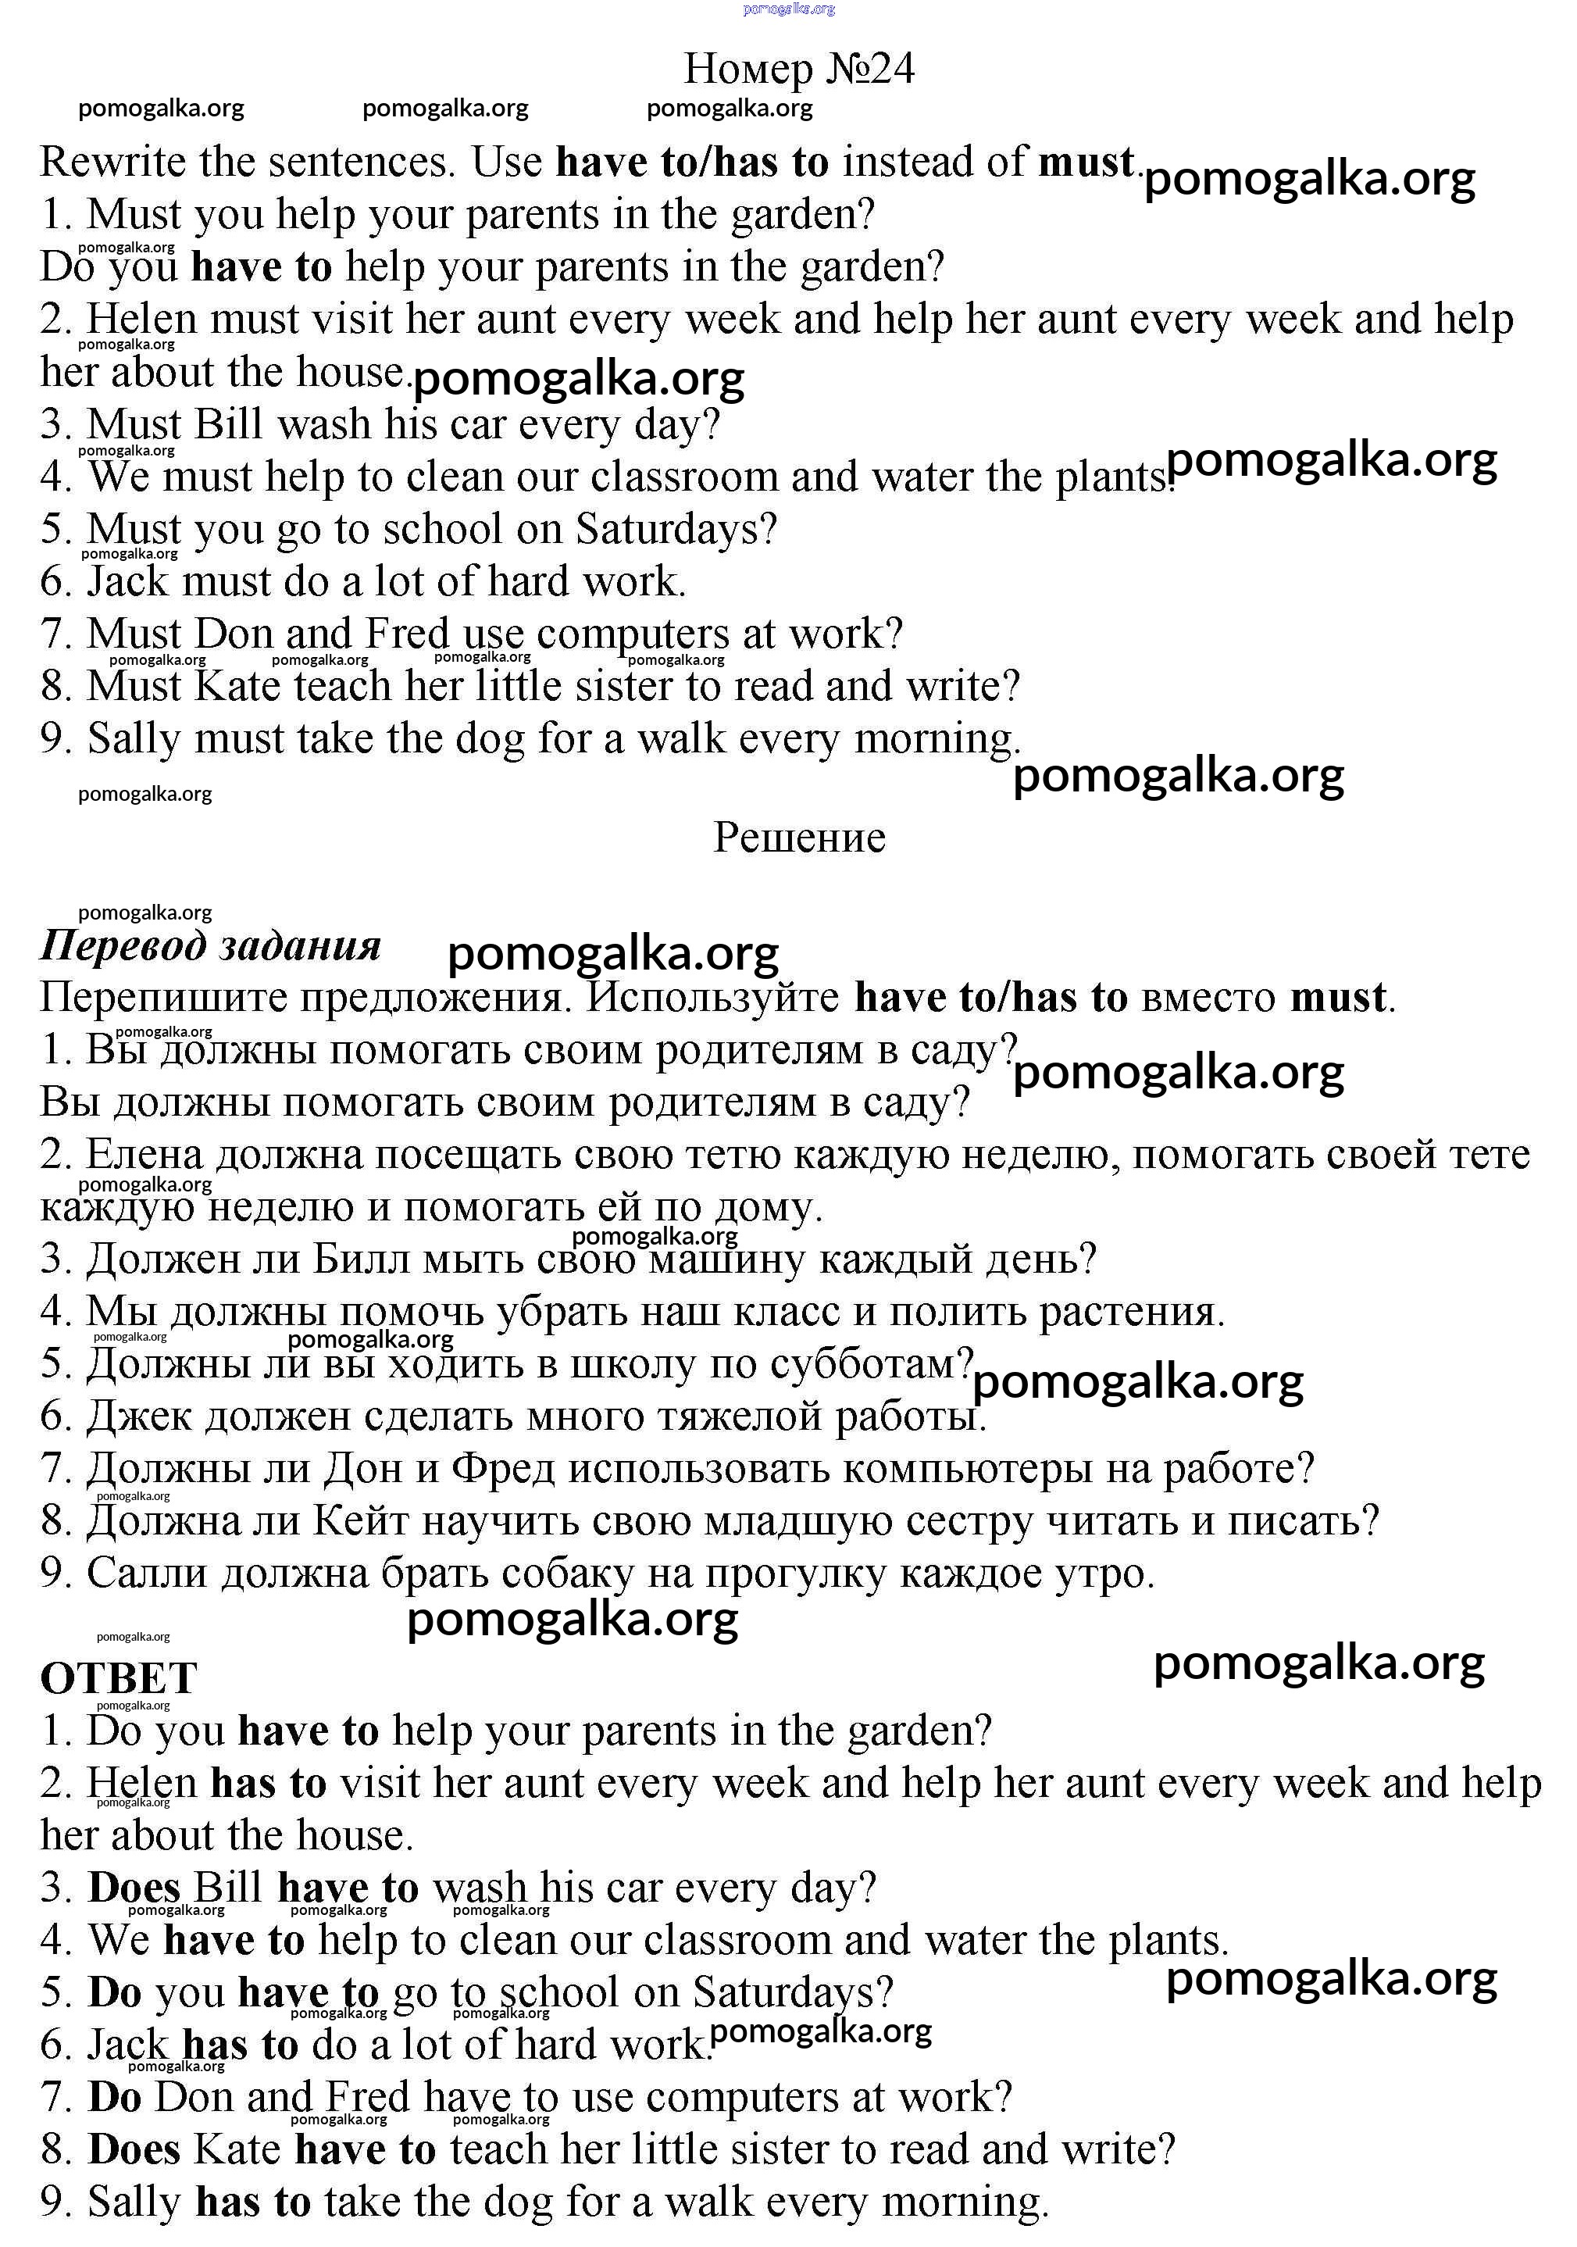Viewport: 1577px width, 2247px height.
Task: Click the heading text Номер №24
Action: coord(798,69)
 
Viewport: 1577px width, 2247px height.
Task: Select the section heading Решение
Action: coord(798,837)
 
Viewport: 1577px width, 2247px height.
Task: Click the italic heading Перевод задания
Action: coord(210,945)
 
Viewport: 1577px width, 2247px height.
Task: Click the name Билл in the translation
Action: coord(361,1259)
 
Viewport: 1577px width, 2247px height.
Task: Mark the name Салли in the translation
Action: coord(147,1574)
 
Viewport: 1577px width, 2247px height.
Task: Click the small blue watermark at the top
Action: coord(789,9)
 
